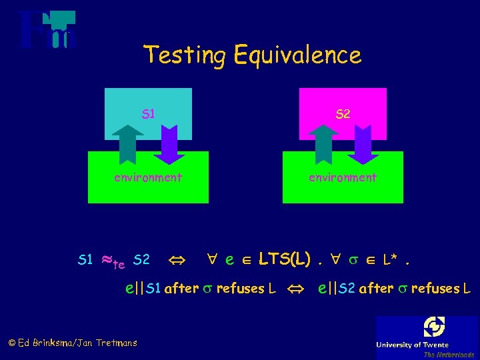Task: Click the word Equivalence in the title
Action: point(297,55)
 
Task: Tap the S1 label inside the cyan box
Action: point(148,114)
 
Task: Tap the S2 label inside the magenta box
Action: point(342,114)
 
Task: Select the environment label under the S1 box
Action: point(147,177)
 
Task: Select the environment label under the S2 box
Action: point(342,177)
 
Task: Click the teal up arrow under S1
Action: point(127,143)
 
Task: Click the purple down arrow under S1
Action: point(169,143)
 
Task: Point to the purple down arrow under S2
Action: point(363,143)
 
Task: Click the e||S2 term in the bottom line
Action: point(337,289)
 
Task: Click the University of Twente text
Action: point(425,344)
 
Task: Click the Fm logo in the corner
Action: point(47,31)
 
